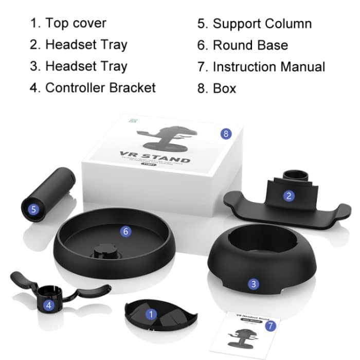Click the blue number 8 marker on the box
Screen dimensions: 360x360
[225, 134]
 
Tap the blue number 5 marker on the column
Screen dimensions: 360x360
[33, 209]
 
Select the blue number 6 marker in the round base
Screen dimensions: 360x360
[127, 231]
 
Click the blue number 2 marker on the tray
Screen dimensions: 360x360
[290, 195]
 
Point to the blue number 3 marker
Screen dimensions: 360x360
[253, 283]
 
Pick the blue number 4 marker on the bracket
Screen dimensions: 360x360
[48, 305]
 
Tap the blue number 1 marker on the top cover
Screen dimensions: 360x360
[151, 313]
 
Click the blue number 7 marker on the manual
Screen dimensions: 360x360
[271, 326]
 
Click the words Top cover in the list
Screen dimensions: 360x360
[76, 23]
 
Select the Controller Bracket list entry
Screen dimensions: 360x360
[100, 87]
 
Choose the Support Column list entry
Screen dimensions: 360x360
[262, 24]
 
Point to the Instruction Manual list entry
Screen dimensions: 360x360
[268, 66]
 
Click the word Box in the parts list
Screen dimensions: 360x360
[224, 88]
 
